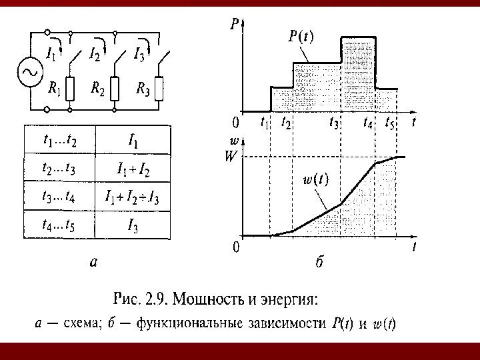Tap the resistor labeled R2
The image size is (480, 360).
tap(115, 88)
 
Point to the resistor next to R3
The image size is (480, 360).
tap(159, 88)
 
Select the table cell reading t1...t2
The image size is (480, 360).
tap(59, 140)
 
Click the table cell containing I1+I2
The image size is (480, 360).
tap(133, 169)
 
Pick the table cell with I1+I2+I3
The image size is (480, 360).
tap(133, 197)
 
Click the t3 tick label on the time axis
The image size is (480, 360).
tap(334, 123)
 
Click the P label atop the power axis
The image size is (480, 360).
tap(235, 24)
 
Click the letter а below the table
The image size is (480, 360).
tap(95, 263)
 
